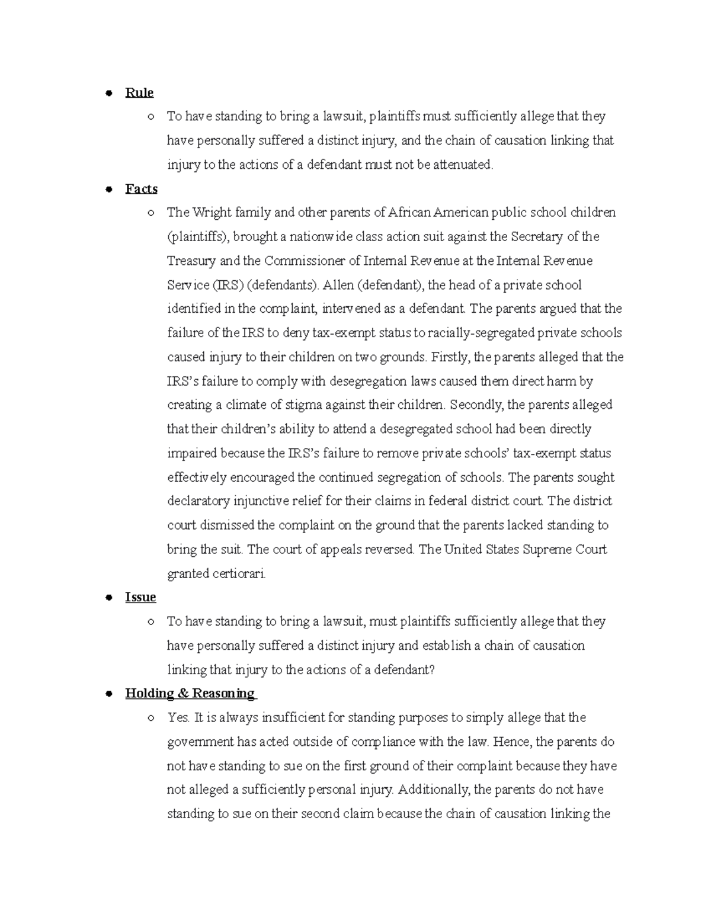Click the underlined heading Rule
point(139,92)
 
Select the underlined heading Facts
point(141,189)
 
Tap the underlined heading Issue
point(140,597)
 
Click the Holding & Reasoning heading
point(190,694)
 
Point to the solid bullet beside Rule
point(108,93)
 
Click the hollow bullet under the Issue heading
point(152,622)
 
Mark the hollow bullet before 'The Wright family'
point(152,213)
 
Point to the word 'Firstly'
point(450,357)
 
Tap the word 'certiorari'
point(238,574)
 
